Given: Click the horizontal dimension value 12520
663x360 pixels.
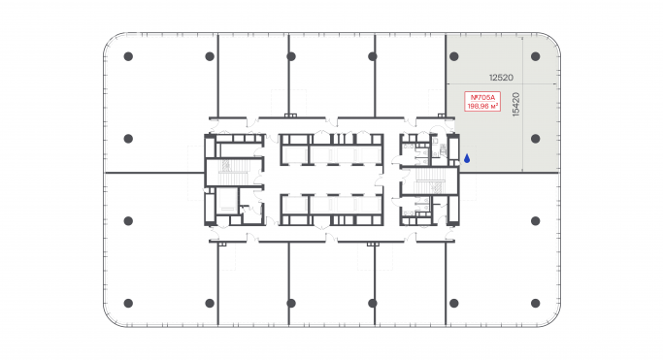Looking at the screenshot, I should pyautogui.click(x=501, y=76).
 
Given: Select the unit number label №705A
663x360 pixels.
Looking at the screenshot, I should pyautogui.click(x=482, y=97).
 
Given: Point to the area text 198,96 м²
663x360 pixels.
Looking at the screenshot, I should pyautogui.click(x=482, y=107).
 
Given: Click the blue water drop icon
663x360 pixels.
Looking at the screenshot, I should pyautogui.click(x=466, y=157).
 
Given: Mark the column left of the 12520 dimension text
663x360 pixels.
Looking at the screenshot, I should pyautogui.click(x=452, y=56).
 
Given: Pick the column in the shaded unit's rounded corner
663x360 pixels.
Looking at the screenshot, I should pyautogui.click(x=535, y=56).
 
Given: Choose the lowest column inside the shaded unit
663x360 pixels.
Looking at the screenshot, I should pyautogui.click(x=535, y=138).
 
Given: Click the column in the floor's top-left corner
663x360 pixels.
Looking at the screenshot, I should pyautogui.click(x=128, y=56).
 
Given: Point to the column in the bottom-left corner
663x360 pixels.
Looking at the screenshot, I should pyautogui.click(x=128, y=302).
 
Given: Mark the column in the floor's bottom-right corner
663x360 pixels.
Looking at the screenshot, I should pyautogui.click(x=535, y=302).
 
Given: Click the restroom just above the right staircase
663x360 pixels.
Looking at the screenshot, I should pyautogui.click(x=425, y=148).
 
